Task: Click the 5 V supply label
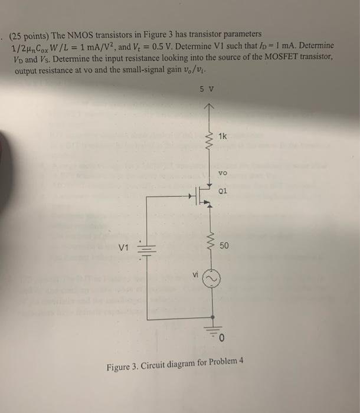[x=207, y=90]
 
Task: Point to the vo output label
[x=222, y=174]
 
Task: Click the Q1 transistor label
[x=222, y=191]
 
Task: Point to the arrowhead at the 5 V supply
[x=208, y=107]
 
